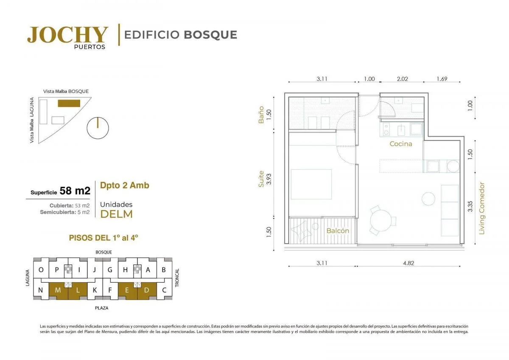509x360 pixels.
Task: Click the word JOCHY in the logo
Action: coord(67,34)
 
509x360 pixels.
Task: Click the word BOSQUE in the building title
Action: coord(210,35)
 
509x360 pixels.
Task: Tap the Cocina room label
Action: coord(401,144)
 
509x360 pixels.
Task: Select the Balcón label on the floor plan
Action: coord(338,231)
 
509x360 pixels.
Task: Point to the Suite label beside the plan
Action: coord(261,179)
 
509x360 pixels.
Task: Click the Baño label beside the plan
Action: coord(261,115)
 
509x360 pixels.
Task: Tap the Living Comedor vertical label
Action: coord(482,208)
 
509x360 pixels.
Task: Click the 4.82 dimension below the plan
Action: coord(408,263)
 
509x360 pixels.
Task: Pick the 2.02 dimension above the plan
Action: coord(403,79)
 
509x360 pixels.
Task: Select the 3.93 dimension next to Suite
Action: coord(269,179)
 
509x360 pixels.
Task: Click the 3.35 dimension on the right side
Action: coord(470,206)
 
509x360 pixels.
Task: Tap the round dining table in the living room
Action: coord(380,220)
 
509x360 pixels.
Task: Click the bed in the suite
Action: coord(311,184)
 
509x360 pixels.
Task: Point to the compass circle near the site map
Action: coord(98,128)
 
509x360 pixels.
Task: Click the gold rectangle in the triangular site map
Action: coord(69,103)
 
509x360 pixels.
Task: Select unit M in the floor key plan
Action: coord(58,291)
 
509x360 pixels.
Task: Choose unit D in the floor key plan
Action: coord(147,291)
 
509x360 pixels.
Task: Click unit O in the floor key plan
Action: coord(41,270)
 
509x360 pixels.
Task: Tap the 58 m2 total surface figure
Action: coord(75,191)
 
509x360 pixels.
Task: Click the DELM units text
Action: coord(116,214)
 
